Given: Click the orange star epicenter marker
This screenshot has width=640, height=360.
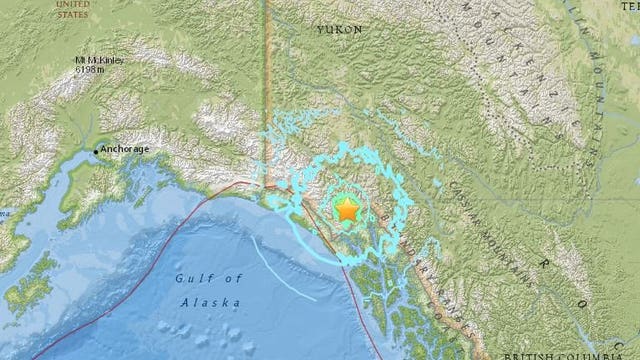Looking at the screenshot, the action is tap(346, 210).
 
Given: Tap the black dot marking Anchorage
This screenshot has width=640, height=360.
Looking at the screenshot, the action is tap(97, 151).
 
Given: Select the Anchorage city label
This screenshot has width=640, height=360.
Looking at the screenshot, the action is tap(126, 150).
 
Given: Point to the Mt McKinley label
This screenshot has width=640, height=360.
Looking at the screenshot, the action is tap(107, 61).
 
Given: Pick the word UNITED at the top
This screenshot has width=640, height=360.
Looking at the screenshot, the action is tap(72, 4).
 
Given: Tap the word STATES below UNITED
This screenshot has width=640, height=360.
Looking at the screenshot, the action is tap(72, 14).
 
